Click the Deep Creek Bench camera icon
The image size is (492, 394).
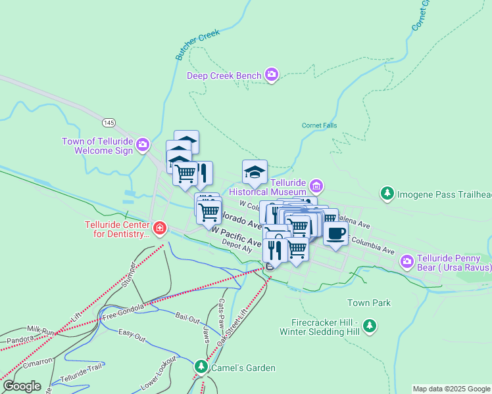pos(272,76)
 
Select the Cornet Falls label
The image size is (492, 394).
pos(319,125)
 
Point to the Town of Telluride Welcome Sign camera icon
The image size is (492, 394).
pos(142,144)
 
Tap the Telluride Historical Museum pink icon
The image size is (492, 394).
pos(316,186)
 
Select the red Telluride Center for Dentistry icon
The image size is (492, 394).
pos(159,229)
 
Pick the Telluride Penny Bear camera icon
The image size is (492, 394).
pos(407,262)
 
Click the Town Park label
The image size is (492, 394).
pos(369,303)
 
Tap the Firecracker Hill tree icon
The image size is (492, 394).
pos(370,326)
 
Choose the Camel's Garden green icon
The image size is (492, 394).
pos(201,366)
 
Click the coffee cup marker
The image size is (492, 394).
pos(335,234)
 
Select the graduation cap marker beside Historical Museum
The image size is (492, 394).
pos(255,173)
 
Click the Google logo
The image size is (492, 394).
pos(22,386)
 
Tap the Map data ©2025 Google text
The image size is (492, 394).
pos(451,389)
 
